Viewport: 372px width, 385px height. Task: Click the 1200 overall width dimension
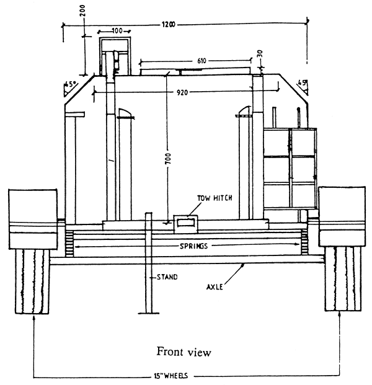pos(169,24)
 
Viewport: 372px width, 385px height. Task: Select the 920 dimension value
pos(182,92)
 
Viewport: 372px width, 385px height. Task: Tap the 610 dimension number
pos(202,61)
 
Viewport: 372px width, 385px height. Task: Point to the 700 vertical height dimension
pos(168,159)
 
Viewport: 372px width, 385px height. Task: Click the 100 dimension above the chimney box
pos(117,31)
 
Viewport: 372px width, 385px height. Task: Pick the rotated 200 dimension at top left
pos(82,11)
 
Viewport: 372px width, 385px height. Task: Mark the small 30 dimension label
pos(260,53)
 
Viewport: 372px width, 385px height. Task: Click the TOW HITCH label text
pos(215,198)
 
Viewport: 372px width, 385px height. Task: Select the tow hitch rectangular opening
pos(186,223)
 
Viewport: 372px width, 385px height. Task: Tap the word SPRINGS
pos(193,246)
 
